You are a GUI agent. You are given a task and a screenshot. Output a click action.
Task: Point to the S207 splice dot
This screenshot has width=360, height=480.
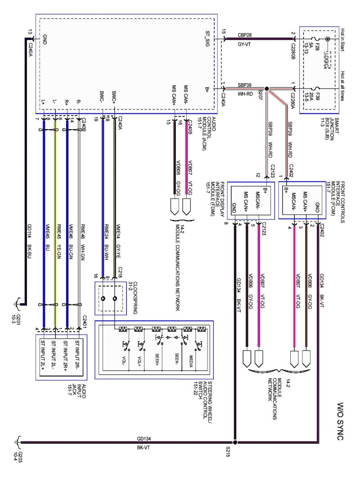click(267, 89)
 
